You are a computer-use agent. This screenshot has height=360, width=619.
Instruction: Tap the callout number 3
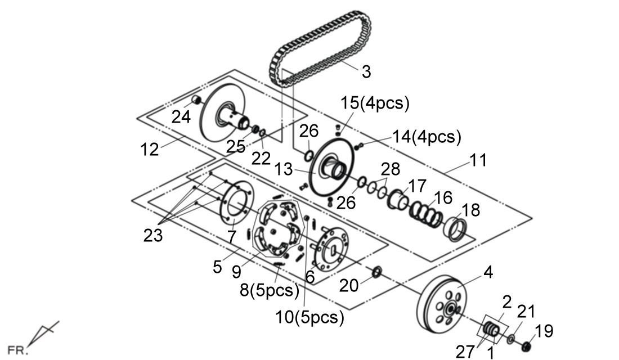[366, 71]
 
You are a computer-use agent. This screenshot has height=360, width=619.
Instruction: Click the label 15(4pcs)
[374, 103]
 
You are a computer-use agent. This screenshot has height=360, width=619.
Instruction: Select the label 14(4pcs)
[427, 137]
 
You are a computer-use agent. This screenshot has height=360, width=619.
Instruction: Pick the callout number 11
[478, 160]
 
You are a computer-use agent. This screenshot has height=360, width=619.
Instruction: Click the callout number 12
[150, 149]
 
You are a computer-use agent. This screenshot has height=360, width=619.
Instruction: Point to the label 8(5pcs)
[269, 290]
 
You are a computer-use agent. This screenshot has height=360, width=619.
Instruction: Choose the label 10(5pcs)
[310, 317]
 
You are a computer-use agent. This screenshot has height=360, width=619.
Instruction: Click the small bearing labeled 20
[376, 272]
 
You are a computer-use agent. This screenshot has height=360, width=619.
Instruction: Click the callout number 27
[465, 352]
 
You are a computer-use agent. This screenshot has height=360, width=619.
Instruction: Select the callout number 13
[284, 168]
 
